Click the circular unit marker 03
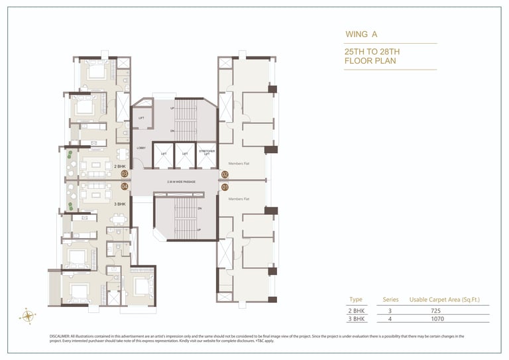(124, 174)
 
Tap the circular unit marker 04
(124, 186)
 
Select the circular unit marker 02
(225, 175)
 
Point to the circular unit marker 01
(225, 187)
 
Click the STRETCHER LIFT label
(207, 152)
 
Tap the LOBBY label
(141, 148)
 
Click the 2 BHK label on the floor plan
(119, 166)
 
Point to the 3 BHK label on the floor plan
(119, 204)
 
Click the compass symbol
(28, 316)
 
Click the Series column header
(391, 300)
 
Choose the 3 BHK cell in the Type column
(357, 319)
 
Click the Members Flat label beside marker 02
(239, 163)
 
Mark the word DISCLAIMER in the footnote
(60, 336)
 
